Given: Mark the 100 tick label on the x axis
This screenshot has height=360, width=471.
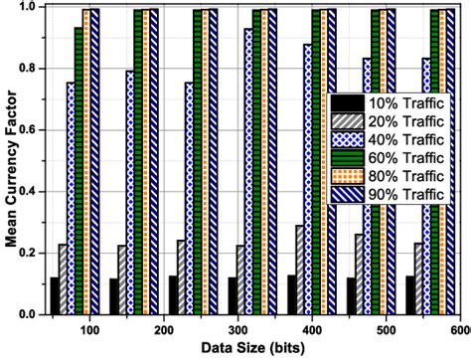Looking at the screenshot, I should coord(89,329).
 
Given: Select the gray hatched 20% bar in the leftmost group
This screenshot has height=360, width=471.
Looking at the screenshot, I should coord(63,279).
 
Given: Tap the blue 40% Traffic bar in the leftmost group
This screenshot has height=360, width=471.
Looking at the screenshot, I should coord(71,199).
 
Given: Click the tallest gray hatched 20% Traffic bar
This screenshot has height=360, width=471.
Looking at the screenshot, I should coord(300,270).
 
